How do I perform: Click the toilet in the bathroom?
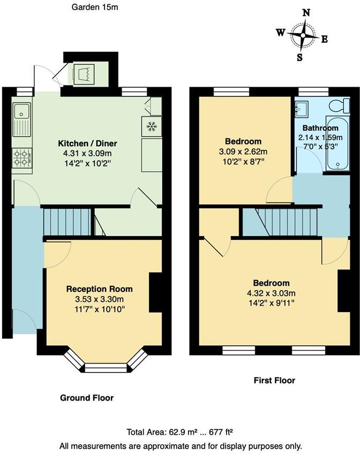(337, 104)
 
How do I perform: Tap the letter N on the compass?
(306, 13)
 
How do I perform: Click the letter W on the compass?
(280, 33)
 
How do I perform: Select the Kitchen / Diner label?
(87, 143)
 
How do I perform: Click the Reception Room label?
(99, 289)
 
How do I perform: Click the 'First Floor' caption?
(274, 381)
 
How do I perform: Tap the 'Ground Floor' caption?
(86, 398)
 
